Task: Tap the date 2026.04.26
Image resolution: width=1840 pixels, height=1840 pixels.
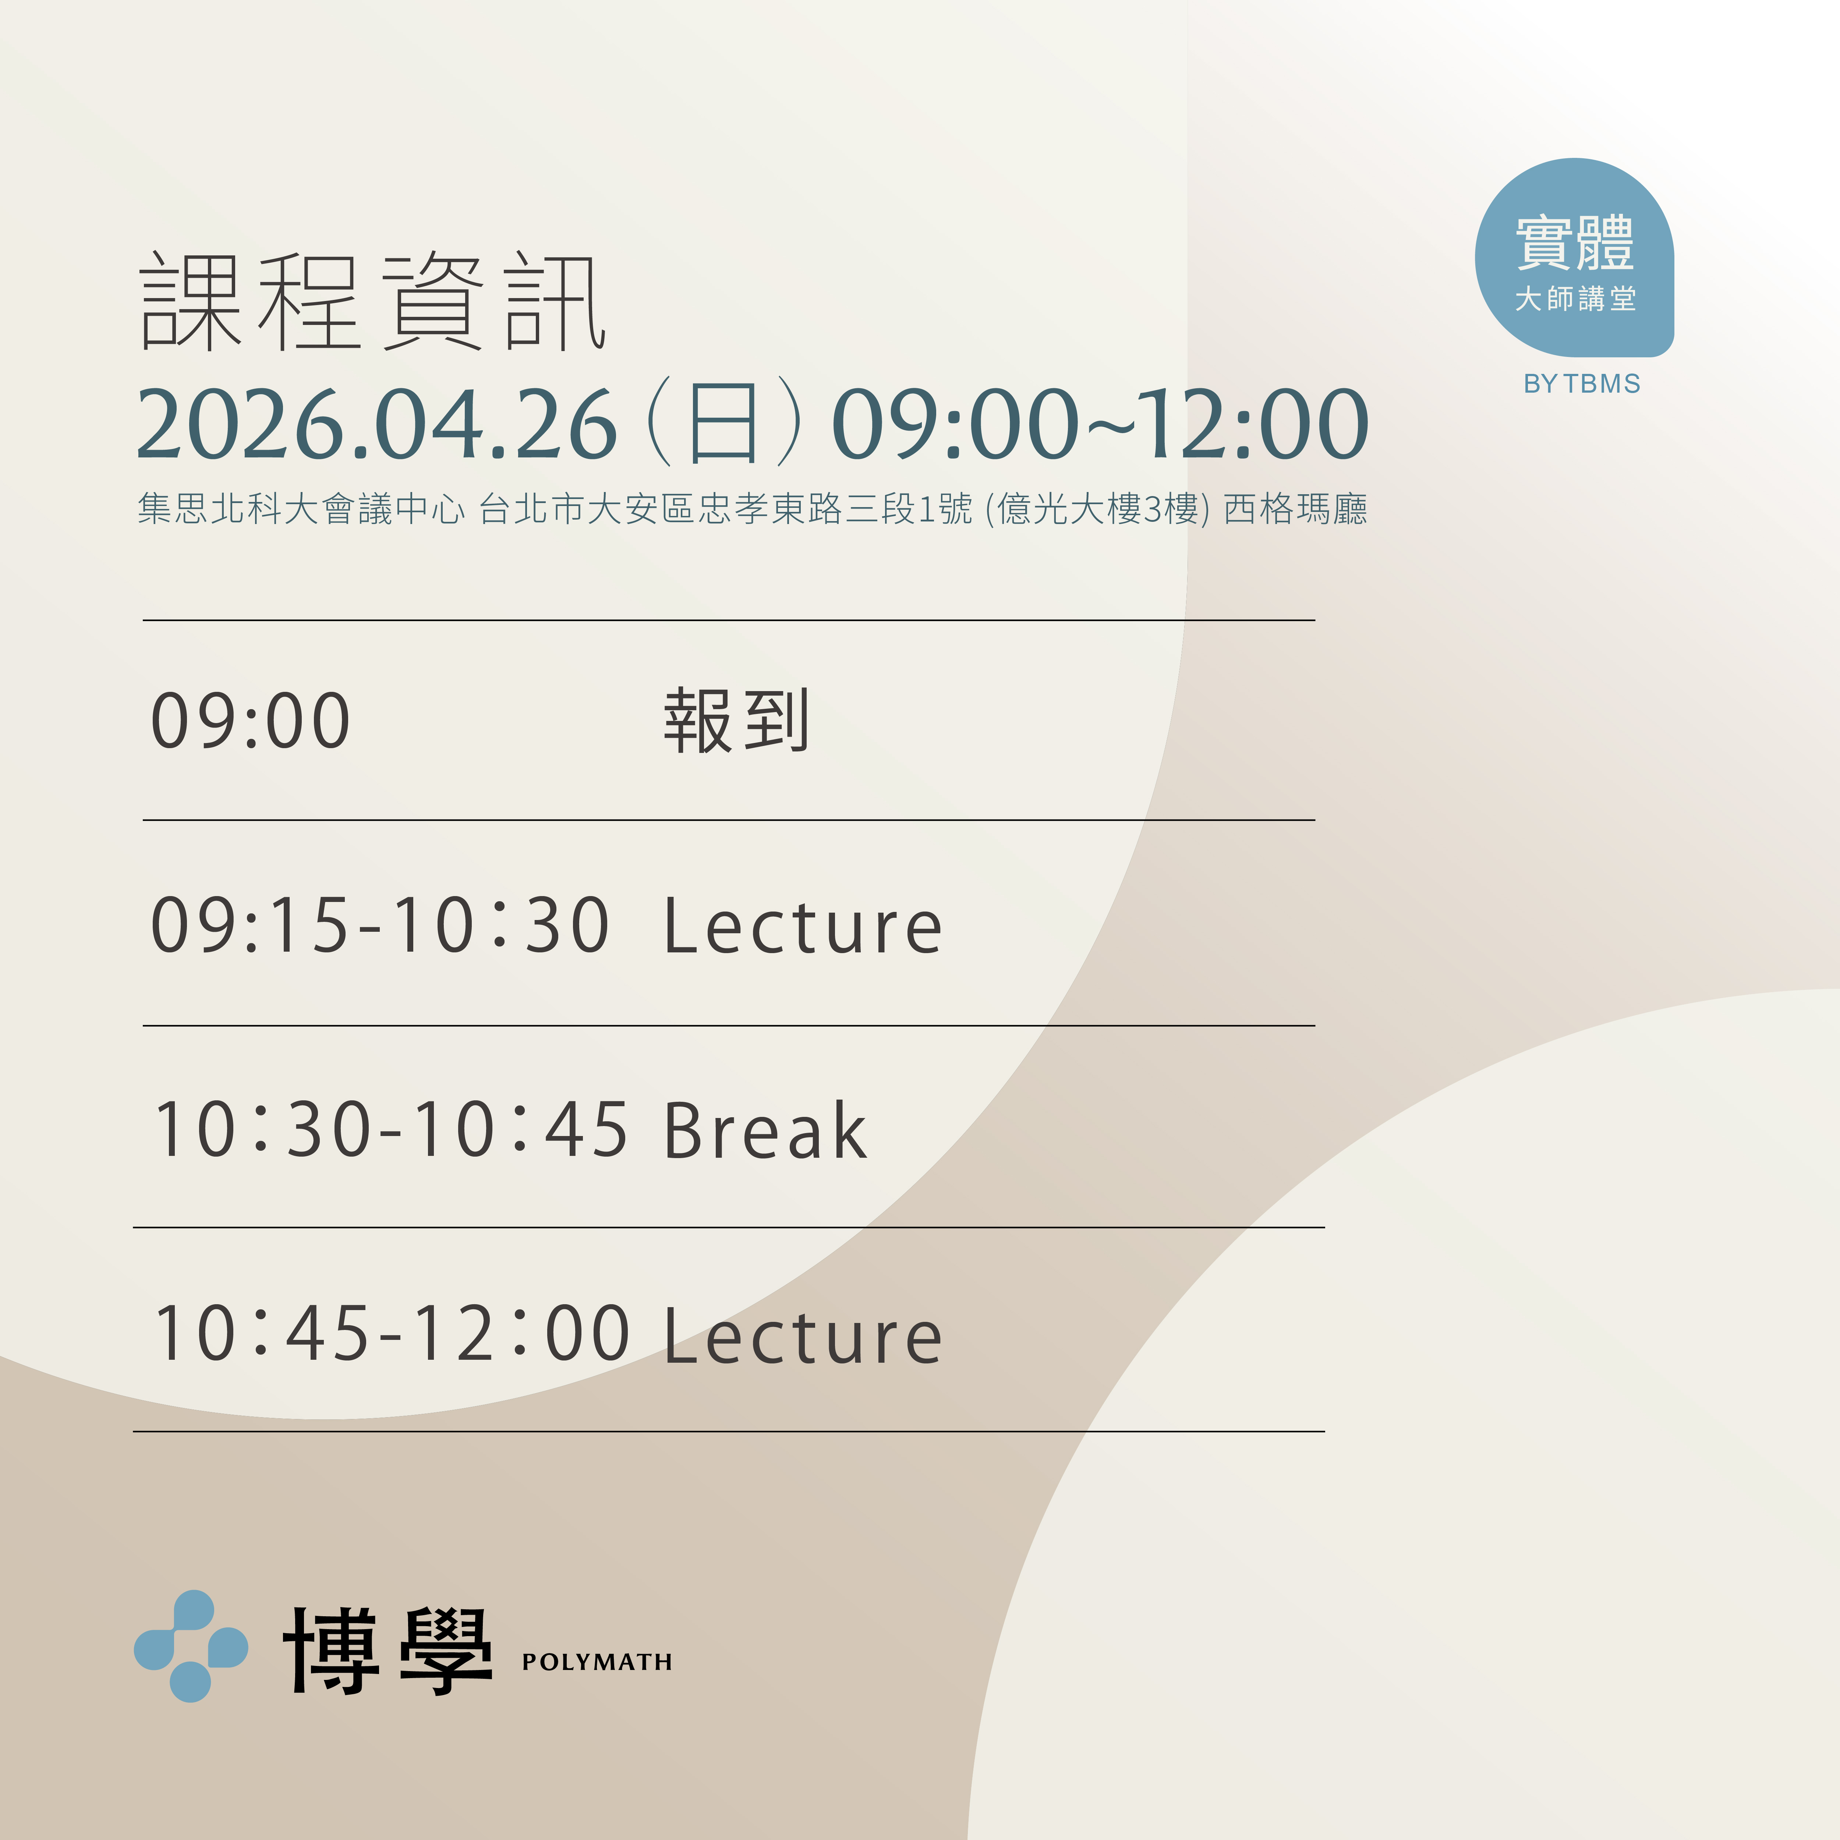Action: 377,425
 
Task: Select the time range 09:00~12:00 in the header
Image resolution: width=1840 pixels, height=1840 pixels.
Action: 1100,425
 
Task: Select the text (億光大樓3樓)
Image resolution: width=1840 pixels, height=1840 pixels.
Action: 1097,510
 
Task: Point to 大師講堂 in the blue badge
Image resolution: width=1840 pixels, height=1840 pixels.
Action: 1575,299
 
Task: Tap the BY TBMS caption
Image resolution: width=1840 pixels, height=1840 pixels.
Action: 1582,384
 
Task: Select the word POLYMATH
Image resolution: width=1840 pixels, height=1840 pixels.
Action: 597,1662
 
